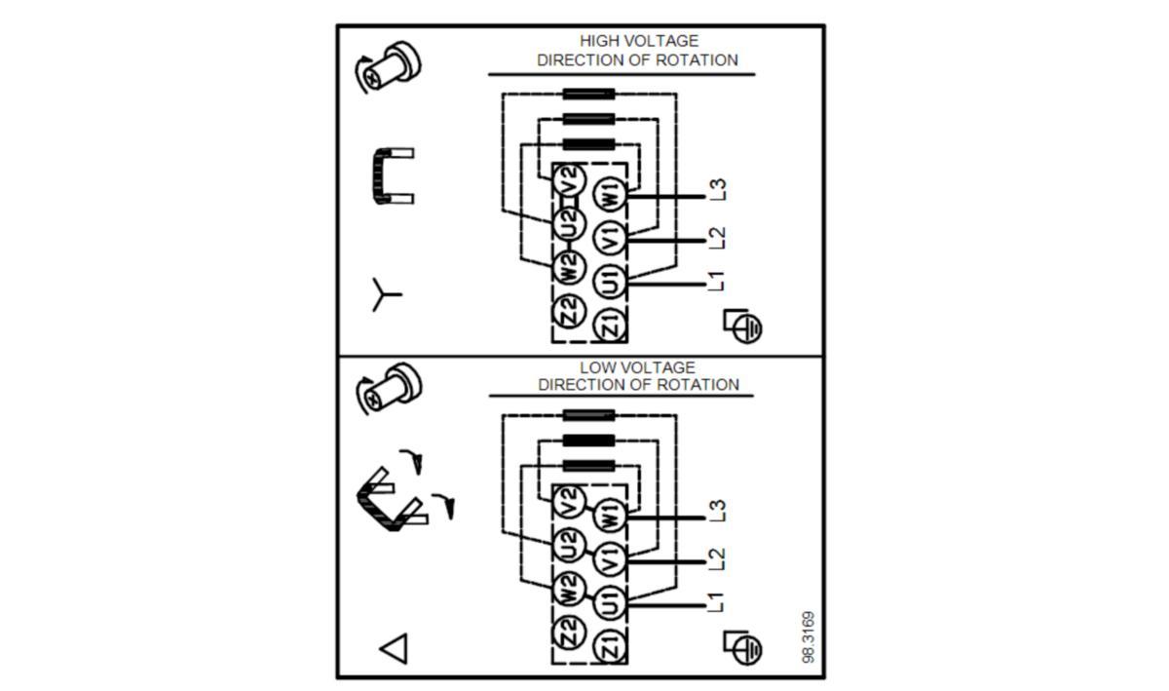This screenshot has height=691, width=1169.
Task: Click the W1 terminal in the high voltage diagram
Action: tap(610, 193)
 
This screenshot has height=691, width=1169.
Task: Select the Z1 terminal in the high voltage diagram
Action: tap(610, 325)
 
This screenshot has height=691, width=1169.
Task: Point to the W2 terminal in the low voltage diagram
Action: tap(569, 588)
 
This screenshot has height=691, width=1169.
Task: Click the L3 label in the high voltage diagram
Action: tap(718, 189)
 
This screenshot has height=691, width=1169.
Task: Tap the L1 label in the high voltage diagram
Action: tap(718, 282)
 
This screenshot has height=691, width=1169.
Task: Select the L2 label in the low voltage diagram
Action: tap(718, 558)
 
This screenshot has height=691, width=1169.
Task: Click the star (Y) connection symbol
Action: tap(385, 294)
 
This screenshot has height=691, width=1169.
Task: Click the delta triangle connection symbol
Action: tap(394, 648)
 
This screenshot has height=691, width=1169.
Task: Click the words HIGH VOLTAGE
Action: tap(639, 41)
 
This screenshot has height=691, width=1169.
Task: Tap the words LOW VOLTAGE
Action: tap(638, 367)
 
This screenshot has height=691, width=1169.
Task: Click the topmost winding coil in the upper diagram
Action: tap(588, 95)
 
